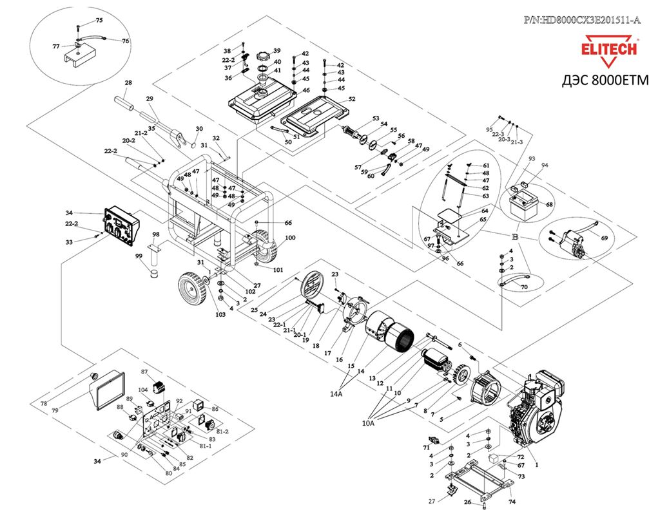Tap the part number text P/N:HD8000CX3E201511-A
582,20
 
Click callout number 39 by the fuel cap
276,51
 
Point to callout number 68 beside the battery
550,205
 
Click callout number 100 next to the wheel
290,238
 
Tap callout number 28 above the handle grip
128,83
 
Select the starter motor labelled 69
569,244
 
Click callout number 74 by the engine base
512,500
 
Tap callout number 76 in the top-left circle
126,41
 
